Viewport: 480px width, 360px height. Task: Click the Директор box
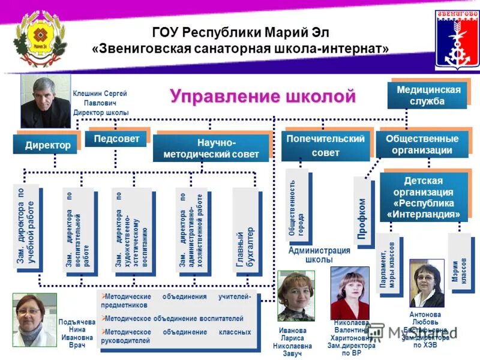point(47,145)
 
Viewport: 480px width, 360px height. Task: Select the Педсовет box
point(116,139)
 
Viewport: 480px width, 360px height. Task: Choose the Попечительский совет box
point(325,146)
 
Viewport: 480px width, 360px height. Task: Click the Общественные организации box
point(422,145)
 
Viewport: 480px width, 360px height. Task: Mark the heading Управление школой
point(262,96)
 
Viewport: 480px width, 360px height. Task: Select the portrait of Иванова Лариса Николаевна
point(295,295)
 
